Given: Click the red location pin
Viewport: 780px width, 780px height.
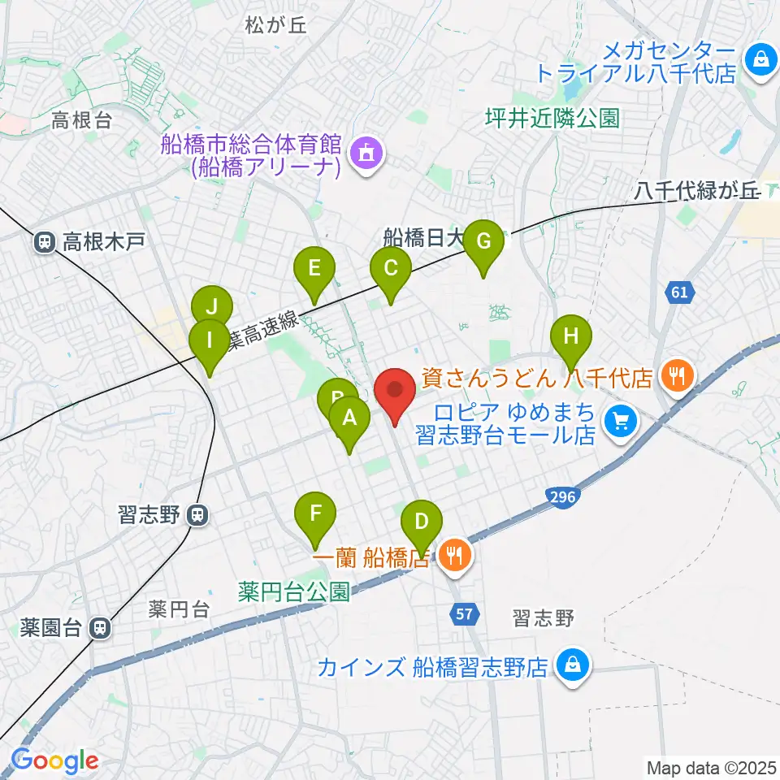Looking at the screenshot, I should (396, 395).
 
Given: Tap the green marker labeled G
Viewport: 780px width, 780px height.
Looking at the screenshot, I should (483, 243).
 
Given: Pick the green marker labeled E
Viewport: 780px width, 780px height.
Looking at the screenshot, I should (314, 269).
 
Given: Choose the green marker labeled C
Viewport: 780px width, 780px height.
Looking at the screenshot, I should (390, 269).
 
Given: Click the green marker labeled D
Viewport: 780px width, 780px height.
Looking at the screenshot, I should (421, 522).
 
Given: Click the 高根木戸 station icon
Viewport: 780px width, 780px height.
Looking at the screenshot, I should (44, 241).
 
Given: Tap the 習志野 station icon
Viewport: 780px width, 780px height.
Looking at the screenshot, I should (197, 515).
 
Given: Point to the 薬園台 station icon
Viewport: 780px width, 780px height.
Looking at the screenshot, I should (100, 627).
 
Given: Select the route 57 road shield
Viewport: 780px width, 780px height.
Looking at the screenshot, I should (463, 615).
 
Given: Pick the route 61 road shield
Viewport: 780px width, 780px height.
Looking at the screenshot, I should (680, 292).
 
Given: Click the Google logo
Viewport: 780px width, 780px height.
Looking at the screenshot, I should (54, 761).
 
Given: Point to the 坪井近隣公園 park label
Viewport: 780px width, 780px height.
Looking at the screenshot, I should (552, 119).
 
